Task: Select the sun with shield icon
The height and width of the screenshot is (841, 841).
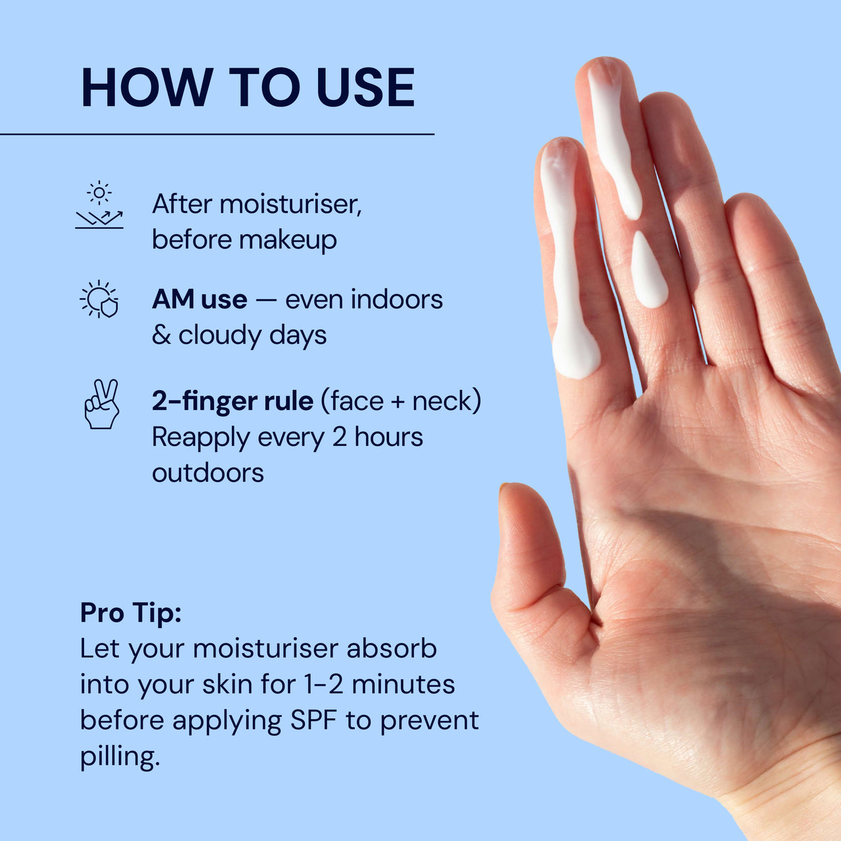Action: coord(99,300)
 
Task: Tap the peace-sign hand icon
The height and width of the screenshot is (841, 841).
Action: coord(101,403)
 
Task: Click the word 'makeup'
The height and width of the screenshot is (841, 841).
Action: coord(288,240)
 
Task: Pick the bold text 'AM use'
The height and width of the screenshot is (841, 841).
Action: coord(200,300)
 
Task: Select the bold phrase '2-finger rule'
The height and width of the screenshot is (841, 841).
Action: coord(233,401)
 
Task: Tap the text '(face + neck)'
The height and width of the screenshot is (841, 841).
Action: coord(401,401)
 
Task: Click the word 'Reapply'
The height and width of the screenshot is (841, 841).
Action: coord(200,438)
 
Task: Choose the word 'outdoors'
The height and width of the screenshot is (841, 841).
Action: coord(208,472)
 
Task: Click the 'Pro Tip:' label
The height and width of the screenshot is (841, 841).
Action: coord(131,613)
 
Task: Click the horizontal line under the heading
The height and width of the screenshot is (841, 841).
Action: coord(217,135)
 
